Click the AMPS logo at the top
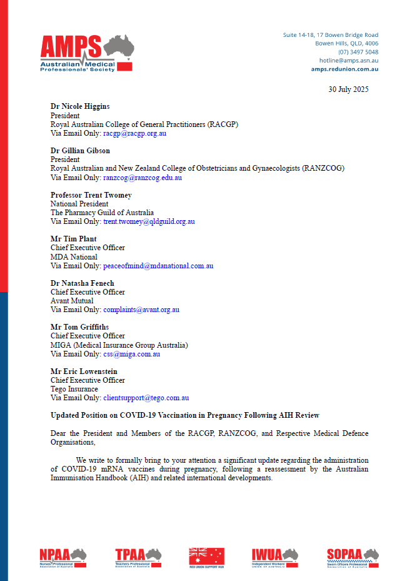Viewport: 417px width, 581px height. click(x=86, y=53)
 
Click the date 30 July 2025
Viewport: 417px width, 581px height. click(x=348, y=89)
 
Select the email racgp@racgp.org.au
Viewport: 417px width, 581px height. click(x=134, y=133)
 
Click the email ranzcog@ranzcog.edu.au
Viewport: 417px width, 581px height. click(x=143, y=178)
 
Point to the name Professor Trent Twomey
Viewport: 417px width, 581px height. click(x=91, y=195)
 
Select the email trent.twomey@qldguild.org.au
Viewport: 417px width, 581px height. click(x=149, y=221)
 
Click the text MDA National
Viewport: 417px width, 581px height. click(x=74, y=257)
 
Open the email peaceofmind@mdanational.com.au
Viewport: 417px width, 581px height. click(x=158, y=266)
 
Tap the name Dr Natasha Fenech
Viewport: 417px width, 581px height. click(x=83, y=283)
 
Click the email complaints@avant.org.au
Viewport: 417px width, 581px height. click(x=141, y=310)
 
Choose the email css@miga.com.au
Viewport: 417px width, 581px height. click(x=131, y=354)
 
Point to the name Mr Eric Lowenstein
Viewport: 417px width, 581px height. click(x=84, y=371)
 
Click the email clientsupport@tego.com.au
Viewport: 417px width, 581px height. click(x=146, y=398)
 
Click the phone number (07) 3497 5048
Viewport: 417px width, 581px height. click(x=358, y=52)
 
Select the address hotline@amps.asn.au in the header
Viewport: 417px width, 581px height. click(x=348, y=61)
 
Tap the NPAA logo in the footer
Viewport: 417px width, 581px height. click(x=63, y=556)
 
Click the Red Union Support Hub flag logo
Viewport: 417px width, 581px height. click(x=207, y=556)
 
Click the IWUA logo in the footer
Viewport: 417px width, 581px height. click(x=275, y=556)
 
